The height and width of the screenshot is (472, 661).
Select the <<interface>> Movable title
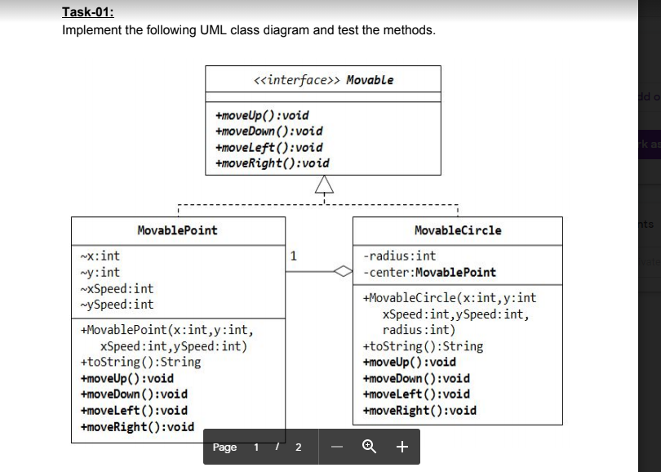tap(323, 80)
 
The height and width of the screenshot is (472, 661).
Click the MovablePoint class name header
tap(178, 207)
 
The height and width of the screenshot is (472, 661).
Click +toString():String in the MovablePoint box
tap(140, 362)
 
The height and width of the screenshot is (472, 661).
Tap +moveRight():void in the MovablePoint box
tap(137, 426)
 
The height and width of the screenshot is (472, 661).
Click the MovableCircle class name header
tap(458, 207)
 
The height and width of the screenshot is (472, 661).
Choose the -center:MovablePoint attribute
tap(429, 272)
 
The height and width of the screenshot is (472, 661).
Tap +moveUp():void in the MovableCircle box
tap(409, 362)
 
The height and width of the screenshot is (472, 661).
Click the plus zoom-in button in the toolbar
tap(401, 447)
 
